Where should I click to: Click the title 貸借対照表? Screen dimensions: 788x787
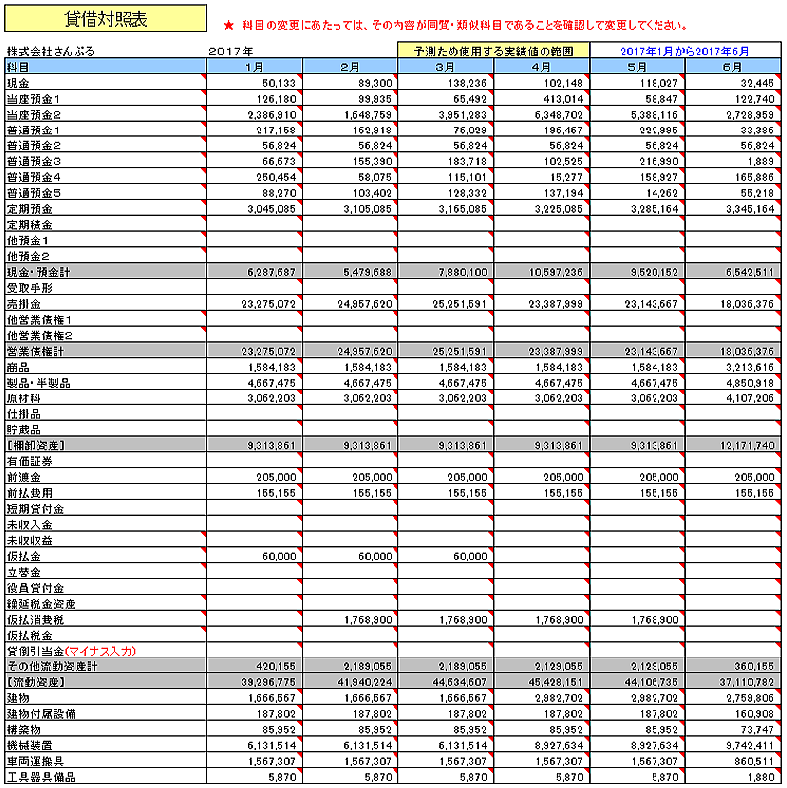(105, 20)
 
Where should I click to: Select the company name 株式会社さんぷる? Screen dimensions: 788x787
(51, 50)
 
